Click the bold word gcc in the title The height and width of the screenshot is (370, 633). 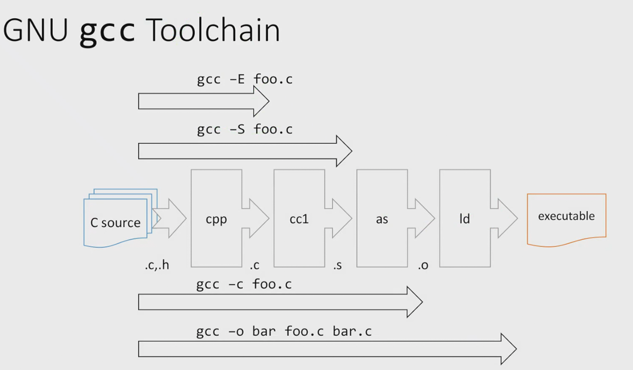107,32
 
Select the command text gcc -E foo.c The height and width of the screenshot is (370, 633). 245,79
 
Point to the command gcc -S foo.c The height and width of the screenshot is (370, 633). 245,130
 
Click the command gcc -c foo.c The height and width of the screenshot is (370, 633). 244,284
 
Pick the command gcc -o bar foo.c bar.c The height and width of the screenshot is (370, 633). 284,331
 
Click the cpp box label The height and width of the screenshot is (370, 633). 216,220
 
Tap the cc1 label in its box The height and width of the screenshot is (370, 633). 299,219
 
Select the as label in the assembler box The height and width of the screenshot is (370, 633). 382,220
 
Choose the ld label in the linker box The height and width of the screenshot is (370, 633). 465,219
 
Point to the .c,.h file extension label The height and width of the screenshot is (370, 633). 157,265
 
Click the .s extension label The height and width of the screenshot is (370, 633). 337,266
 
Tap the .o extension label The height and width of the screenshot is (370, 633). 423,266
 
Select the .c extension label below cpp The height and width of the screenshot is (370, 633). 254,266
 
